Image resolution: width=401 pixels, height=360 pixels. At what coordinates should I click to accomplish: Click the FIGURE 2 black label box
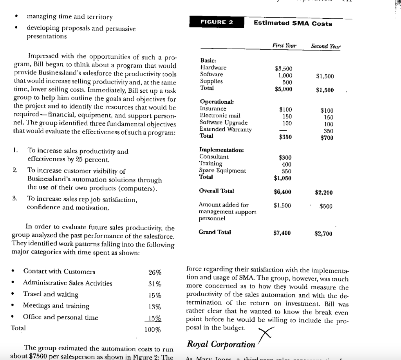[x=217, y=22]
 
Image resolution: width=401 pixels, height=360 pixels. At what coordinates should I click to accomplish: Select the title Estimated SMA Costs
[x=293, y=23]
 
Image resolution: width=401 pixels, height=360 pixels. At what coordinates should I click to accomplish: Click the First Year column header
[x=284, y=46]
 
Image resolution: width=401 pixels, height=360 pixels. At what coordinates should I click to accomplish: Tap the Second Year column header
[x=325, y=46]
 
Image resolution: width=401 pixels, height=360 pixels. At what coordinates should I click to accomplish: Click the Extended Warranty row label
[x=225, y=129]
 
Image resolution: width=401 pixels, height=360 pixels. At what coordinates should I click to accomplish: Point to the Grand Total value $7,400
[x=282, y=233]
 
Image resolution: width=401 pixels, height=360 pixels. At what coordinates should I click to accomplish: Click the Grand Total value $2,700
[x=323, y=234]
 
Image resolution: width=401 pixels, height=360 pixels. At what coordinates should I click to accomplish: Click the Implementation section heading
[x=222, y=150]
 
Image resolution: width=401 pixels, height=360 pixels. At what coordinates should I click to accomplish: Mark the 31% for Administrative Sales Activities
[x=154, y=284]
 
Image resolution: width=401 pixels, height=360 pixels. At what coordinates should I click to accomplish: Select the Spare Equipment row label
[x=222, y=170]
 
